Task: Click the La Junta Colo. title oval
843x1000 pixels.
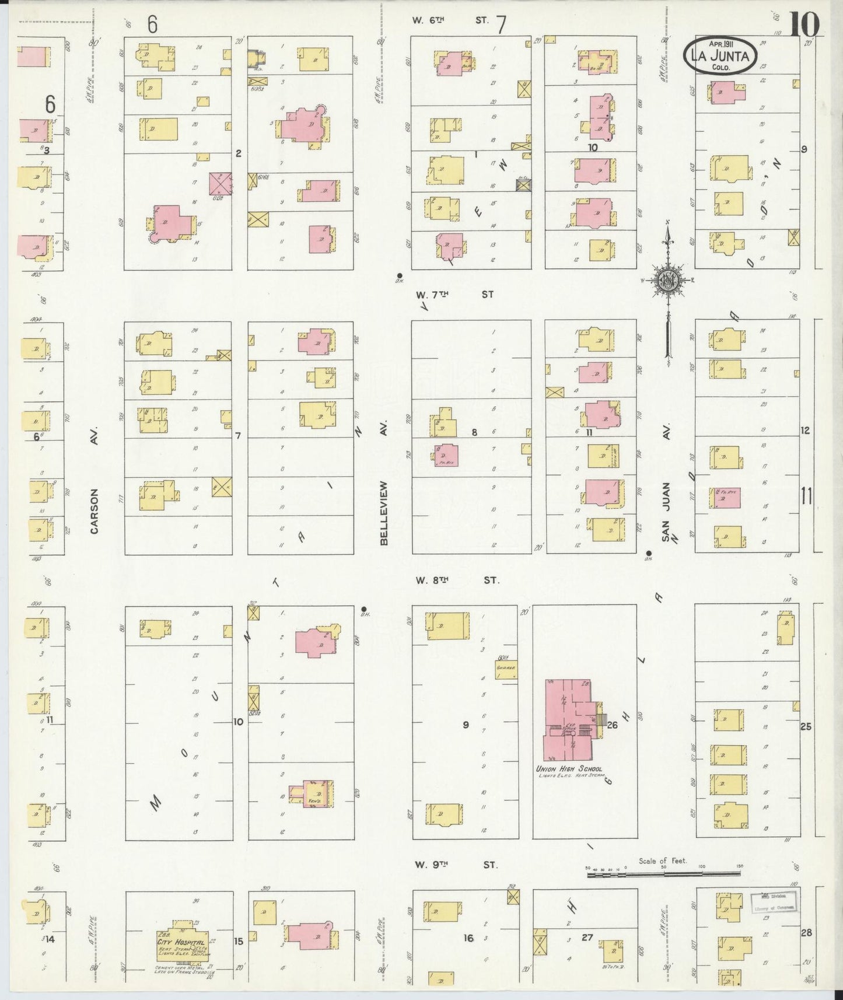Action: tap(722, 55)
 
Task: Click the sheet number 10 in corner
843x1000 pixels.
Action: tap(806, 25)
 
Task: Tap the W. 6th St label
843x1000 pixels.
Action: tap(449, 20)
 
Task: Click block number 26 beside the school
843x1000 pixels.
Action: tap(612, 725)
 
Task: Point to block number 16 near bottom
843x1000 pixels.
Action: tap(468, 938)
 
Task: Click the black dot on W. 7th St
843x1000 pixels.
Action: tap(400, 275)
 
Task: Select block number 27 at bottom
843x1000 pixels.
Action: tap(586, 937)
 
